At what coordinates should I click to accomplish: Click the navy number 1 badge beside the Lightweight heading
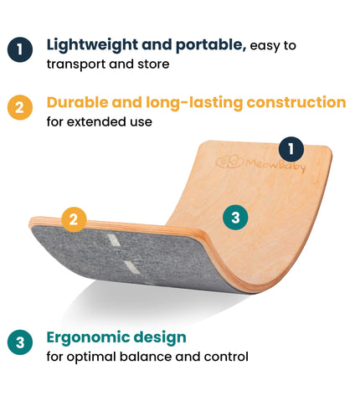(20, 49)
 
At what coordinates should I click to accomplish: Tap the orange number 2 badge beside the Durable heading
(20, 108)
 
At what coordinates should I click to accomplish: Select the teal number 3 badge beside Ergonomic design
(20, 342)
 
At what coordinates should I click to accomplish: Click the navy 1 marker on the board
(290, 150)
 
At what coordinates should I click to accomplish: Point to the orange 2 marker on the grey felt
(74, 219)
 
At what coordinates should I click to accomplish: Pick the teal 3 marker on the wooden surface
(235, 218)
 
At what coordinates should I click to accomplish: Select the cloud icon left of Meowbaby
(225, 162)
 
